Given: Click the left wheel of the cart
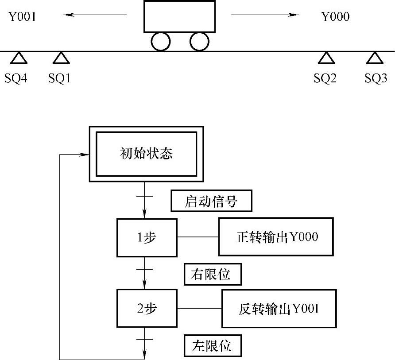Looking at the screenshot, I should pos(160,42).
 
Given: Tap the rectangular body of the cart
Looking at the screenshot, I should pos(179,16).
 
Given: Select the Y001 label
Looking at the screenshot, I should pos(21,17).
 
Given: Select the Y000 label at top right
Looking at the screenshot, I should pos(335,17).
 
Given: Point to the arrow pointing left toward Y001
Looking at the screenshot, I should pos(95,15).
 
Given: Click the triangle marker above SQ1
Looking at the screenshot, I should pos(61,58).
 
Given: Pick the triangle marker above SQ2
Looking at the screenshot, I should pos(326,58).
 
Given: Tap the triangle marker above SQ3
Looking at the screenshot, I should pos(375,58).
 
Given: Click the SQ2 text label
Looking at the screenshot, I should pos(325,79).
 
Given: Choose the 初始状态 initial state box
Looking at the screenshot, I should pos(146,154).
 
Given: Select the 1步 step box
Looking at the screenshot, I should pos(147,237).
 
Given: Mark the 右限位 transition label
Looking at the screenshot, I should pos(213,275).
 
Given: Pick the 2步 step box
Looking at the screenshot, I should pos(147,308).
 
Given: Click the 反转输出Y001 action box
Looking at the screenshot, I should pos(279,308).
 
